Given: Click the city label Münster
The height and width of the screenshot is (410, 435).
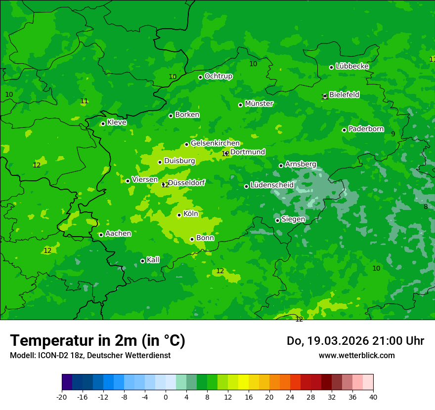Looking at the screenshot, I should [x=259, y=104].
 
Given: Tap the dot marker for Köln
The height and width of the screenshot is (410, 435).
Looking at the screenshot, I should [x=179, y=215].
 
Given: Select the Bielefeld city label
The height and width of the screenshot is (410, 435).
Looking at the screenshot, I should [x=344, y=94].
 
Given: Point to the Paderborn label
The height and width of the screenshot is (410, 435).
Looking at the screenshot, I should [x=366, y=129].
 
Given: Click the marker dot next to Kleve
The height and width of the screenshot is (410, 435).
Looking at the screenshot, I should [x=103, y=123].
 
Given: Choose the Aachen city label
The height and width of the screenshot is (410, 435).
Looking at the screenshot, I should [x=118, y=233].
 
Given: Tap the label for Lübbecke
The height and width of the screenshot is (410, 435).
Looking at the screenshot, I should [x=352, y=66].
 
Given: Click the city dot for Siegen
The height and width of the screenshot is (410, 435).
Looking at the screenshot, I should [x=277, y=220].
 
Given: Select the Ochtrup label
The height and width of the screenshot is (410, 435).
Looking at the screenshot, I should [x=218, y=76].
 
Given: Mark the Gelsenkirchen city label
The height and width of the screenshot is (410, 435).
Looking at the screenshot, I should [x=215, y=143].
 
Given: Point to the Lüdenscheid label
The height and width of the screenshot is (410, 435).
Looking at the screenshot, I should [x=272, y=185].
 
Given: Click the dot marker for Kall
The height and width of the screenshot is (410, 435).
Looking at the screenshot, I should [x=142, y=261].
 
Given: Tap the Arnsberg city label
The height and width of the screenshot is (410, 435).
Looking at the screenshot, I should [x=301, y=164].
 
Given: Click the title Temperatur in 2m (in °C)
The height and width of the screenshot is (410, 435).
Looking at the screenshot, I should [x=97, y=340].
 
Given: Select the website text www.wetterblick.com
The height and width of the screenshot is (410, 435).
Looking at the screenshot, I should [x=356, y=355].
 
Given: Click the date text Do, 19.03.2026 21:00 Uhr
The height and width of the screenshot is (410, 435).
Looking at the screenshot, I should [x=355, y=341].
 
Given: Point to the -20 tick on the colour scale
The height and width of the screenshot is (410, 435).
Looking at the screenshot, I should [x=62, y=397].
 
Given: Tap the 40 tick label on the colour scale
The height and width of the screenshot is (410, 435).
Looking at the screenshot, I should [x=373, y=397].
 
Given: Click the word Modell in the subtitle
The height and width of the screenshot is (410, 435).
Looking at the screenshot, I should [x=21, y=356].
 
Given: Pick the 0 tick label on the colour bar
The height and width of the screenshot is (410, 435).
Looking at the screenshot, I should [x=166, y=397].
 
